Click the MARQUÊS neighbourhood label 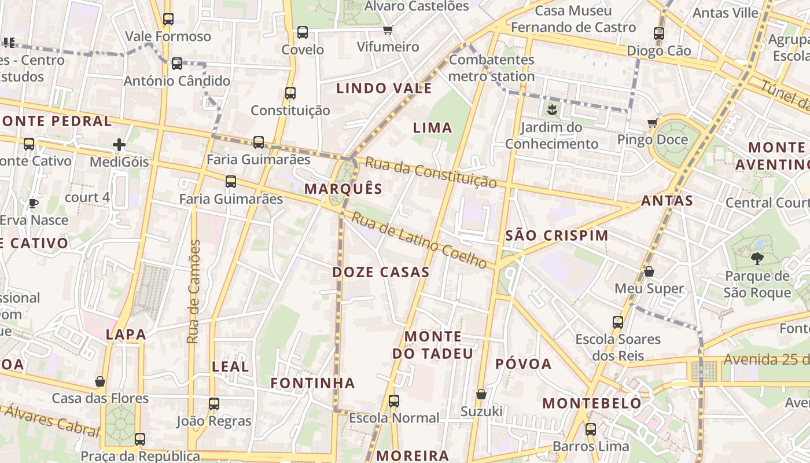343,189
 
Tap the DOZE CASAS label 381,272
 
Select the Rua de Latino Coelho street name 419,241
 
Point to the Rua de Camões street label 194,292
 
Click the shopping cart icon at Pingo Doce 653,123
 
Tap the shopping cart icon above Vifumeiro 388,30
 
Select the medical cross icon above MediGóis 119,145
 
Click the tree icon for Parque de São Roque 757,259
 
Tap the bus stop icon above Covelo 303,32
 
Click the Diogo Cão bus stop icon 659,34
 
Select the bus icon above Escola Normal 394,400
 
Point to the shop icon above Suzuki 481,395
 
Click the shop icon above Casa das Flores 100,381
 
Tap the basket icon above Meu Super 649,271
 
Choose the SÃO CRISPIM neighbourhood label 557,236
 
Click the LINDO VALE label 384,89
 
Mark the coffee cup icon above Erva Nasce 34,203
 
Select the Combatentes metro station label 491,68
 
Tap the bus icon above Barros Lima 590,429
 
